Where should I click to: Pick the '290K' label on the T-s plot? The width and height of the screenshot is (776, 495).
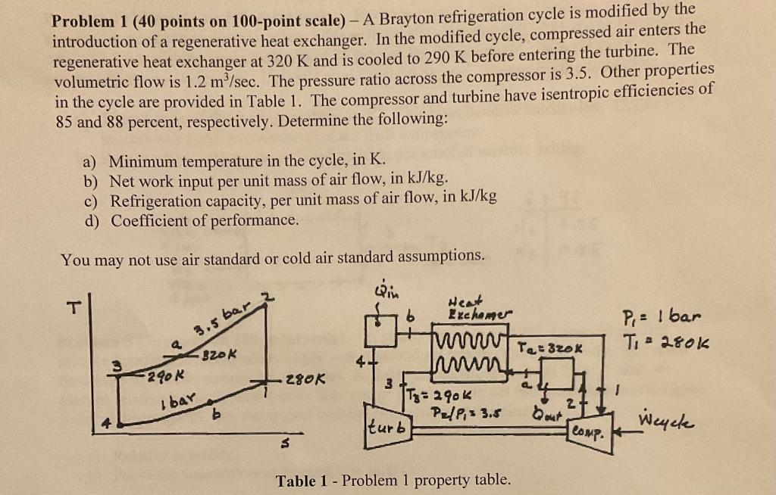162,374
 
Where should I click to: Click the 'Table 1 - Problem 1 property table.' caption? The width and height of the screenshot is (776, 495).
393,480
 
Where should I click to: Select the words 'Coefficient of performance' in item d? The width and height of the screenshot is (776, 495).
205,220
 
